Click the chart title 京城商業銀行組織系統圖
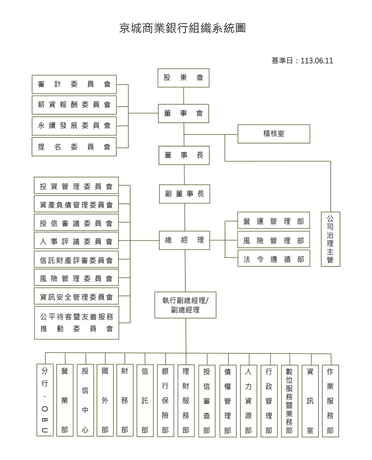point(182,28)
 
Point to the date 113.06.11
point(317,61)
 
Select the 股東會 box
point(183,78)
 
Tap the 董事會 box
point(183,114)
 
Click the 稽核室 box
point(274,134)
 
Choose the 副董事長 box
point(184,194)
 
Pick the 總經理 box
point(184,240)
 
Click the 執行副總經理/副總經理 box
point(185,305)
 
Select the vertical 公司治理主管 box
point(330,239)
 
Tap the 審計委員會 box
point(74,85)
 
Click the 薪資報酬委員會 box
point(74,105)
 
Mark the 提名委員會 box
point(74,147)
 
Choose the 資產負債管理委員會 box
point(76,204)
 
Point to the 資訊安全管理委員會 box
point(76,296)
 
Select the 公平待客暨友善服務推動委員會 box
point(77,323)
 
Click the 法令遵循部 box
point(274,258)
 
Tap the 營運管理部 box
point(273,220)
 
